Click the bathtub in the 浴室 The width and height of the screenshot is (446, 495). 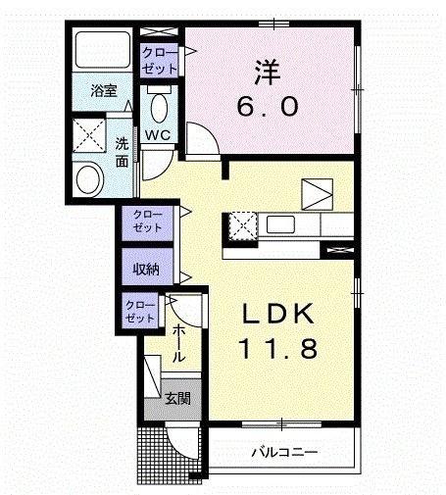(x=103, y=50)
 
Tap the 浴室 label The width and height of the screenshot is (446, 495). (x=104, y=90)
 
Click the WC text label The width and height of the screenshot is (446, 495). (x=158, y=134)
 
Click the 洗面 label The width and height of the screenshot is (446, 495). (x=122, y=153)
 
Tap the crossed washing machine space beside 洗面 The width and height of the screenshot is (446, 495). (x=89, y=135)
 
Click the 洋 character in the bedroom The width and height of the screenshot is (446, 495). (x=268, y=72)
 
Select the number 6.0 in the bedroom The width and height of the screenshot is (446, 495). (x=268, y=107)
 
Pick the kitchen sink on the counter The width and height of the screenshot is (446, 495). (x=281, y=224)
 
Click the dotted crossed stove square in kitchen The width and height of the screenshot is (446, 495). (x=242, y=226)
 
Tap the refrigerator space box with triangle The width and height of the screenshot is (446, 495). (x=318, y=194)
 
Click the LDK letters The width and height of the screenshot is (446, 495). (x=277, y=314)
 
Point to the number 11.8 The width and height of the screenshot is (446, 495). (x=278, y=348)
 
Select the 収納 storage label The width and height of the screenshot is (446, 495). (x=146, y=270)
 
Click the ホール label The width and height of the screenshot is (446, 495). (x=178, y=343)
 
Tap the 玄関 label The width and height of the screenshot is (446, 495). (x=177, y=398)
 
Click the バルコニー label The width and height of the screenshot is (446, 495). (x=284, y=452)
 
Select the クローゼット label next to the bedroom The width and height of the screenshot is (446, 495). (x=160, y=61)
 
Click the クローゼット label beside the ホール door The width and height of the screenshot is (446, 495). (x=140, y=312)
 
